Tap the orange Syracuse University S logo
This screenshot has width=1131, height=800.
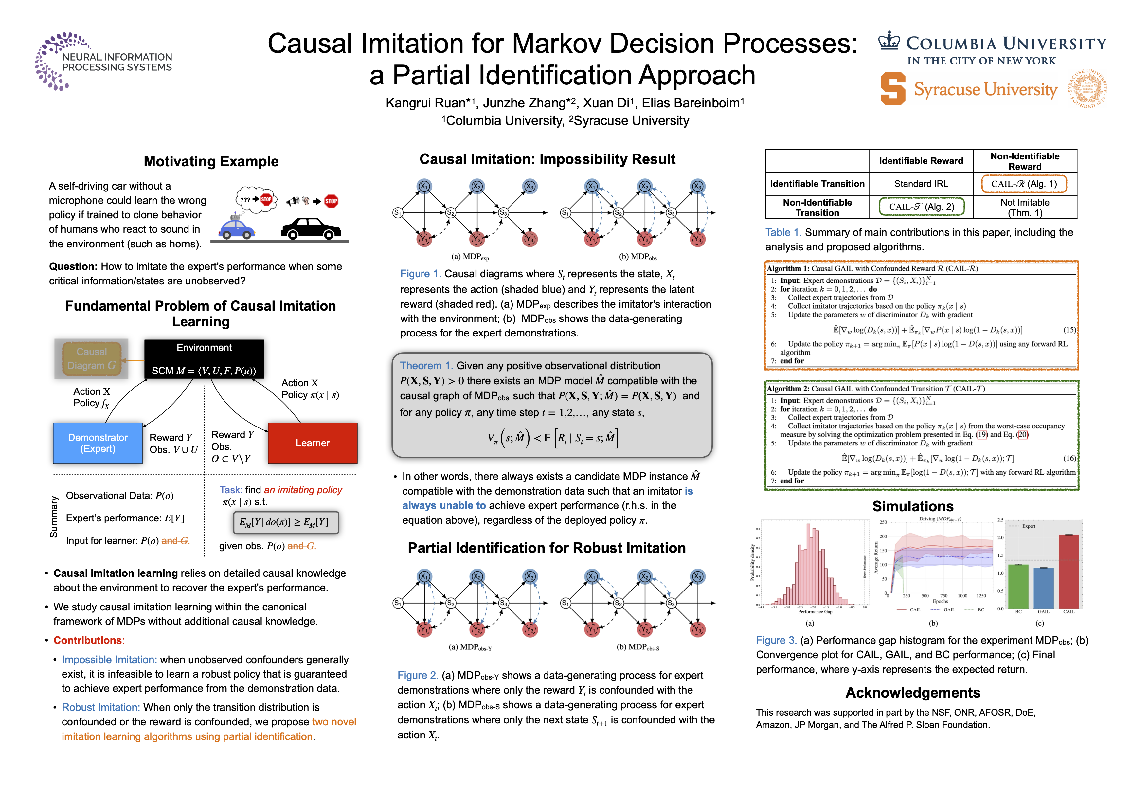(x=892, y=89)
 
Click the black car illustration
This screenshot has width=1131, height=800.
(x=310, y=229)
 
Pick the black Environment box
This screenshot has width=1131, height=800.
(x=204, y=359)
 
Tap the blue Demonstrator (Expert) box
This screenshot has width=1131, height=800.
(x=98, y=443)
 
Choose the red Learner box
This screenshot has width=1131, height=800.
(x=312, y=443)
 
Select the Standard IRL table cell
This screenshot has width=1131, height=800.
(x=921, y=184)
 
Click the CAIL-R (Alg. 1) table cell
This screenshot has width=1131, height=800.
(x=1024, y=184)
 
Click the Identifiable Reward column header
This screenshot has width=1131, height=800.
(x=921, y=161)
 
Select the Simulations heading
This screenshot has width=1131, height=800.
(x=912, y=506)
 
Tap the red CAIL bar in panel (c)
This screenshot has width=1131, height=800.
(x=1068, y=572)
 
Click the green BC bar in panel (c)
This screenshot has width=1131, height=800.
(x=1018, y=586)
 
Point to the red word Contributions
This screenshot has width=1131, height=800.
(x=88, y=640)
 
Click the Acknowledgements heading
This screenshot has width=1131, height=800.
(x=912, y=693)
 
